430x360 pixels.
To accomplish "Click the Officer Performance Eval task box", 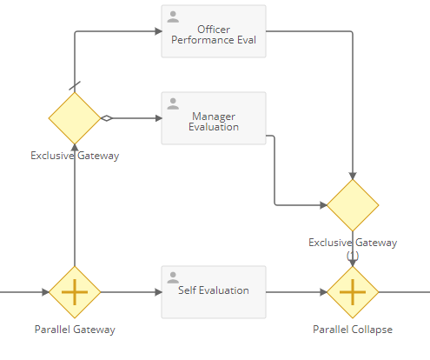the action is tap(214, 31).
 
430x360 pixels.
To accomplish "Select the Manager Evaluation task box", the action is tap(214, 118).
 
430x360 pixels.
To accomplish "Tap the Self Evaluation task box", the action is tap(214, 292).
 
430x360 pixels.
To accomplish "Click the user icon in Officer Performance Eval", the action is tap(173, 17).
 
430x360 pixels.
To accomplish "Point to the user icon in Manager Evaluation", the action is tap(173, 103).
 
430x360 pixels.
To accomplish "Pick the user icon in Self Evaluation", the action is tap(173, 277).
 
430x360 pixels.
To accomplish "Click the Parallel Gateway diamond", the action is tap(75, 292).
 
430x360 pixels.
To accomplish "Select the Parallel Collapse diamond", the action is tap(353, 292).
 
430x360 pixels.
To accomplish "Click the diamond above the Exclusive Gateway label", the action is tap(75, 118).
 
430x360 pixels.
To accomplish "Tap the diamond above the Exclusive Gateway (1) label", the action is tap(353, 205).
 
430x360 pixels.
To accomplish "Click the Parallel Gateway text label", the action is tap(75, 330).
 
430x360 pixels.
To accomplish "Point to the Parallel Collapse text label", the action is tap(353, 330).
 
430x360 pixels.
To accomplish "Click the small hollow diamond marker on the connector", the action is tap(107, 118).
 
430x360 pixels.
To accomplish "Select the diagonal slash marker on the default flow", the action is tap(75, 86).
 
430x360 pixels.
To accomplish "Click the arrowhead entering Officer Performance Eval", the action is tap(158, 31).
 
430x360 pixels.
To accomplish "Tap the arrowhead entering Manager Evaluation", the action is tap(158, 118).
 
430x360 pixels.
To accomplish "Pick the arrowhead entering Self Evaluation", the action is tap(158, 292).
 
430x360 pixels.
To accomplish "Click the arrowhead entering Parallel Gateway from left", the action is tap(45, 292).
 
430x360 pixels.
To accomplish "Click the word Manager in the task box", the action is tap(214, 117).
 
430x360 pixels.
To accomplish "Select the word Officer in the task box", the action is tap(214, 30).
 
